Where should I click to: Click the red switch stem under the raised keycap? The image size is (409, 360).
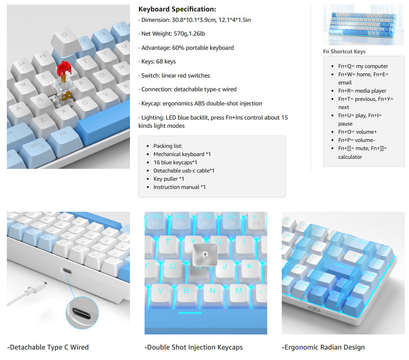point(64,68)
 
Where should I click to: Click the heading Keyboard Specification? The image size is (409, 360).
point(177,9)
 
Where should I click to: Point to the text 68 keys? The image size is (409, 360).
point(166,62)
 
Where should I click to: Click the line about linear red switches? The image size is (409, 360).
point(174,76)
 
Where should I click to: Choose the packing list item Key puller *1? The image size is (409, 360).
point(169,179)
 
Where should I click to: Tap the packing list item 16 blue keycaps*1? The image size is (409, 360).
point(175,162)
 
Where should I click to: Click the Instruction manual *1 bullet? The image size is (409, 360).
point(180,187)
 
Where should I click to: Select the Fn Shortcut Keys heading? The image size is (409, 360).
point(344,52)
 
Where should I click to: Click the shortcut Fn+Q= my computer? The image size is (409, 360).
point(363,66)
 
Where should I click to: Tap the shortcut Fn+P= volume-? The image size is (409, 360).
point(357,140)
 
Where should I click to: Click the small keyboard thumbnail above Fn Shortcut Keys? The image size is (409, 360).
point(363,25)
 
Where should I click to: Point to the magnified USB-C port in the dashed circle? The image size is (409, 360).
point(82,313)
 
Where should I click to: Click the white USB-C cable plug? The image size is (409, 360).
point(36,287)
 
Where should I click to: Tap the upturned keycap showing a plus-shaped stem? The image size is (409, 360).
point(205,255)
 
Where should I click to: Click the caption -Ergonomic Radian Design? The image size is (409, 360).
point(323,347)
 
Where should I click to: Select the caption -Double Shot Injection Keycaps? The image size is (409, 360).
point(193,347)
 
